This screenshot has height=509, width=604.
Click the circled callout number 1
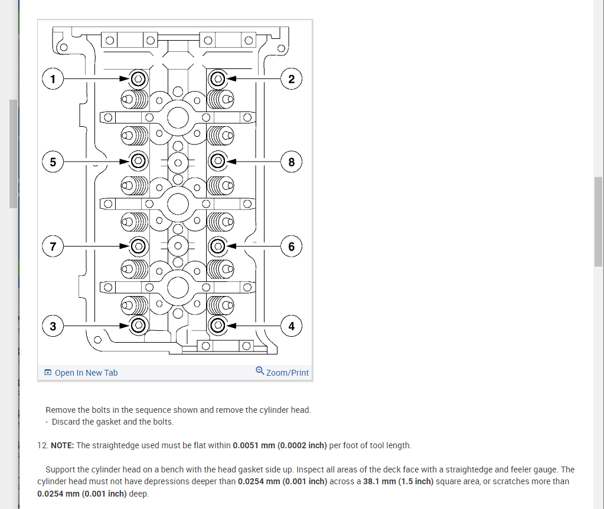[x=54, y=78]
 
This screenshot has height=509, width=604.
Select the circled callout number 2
[x=292, y=78]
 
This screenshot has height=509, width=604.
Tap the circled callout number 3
[x=54, y=325]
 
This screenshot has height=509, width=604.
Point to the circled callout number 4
[x=292, y=325]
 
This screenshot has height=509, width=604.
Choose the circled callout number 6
[x=292, y=245]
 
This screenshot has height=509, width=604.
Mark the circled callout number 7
[x=54, y=245]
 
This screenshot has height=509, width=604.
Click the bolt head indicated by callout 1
[x=138, y=78]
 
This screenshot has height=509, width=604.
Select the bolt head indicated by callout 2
[x=217, y=78]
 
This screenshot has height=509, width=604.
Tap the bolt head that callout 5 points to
[x=138, y=160]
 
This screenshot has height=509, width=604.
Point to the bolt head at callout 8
[x=217, y=160]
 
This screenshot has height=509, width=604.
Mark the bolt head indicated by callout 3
[x=138, y=325]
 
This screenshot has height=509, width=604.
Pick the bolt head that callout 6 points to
[x=217, y=245]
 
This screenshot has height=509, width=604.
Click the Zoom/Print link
[x=288, y=373]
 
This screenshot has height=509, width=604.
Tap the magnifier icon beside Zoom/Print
[x=260, y=371]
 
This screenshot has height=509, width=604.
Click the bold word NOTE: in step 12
[x=63, y=445]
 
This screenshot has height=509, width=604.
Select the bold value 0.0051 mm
[x=254, y=445]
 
